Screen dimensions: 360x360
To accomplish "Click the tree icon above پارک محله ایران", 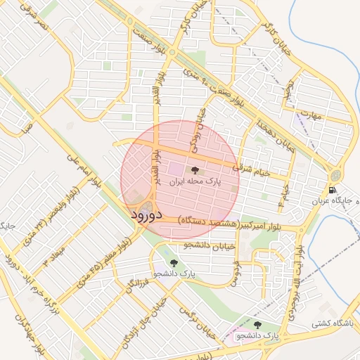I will (193, 169).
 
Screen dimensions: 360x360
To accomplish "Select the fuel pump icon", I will (331, 190).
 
